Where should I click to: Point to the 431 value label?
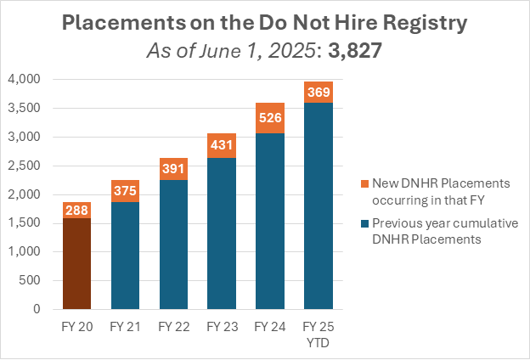pyautogui.click(x=222, y=145)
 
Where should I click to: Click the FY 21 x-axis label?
pyautogui.click(x=124, y=325)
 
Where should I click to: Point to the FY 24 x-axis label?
pyautogui.click(x=271, y=325)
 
